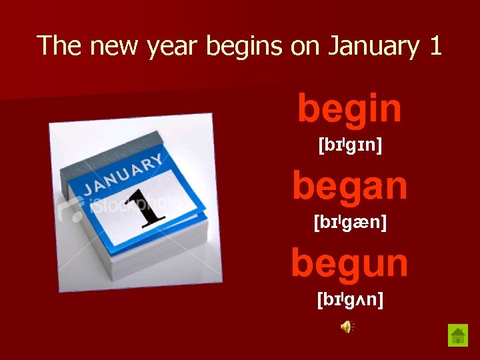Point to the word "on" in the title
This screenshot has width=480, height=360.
(305, 47)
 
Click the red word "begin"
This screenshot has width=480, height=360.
(350, 109)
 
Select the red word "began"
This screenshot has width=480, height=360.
(350, 186)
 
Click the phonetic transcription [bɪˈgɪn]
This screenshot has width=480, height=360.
(350, 144)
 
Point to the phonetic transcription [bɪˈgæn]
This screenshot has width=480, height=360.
(350, 221)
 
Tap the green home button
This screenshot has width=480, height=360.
(458, 334)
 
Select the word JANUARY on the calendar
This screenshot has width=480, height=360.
(123, 175)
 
